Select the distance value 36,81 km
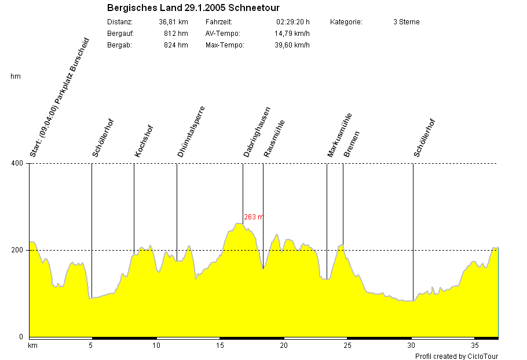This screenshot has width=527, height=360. [173, 22]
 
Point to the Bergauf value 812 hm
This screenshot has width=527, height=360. [175, 34]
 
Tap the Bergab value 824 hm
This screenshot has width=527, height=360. [175, 45]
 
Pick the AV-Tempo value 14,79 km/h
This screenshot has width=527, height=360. [292, 34]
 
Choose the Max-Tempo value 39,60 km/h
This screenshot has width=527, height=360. [292, 45]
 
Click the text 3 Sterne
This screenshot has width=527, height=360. [406, 22]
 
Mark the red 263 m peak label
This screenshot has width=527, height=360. [253, 217]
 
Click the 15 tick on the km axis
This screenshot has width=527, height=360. [220, 346]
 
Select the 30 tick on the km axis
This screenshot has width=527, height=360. [411, 346]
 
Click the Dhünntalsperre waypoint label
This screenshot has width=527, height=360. [191, 131]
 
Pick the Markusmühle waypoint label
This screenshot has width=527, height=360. [339, 135]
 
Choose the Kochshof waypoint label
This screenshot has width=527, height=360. [144, 141]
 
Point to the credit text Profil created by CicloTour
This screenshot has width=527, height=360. [456, 357]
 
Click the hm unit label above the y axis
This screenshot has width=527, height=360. [15, 76]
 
